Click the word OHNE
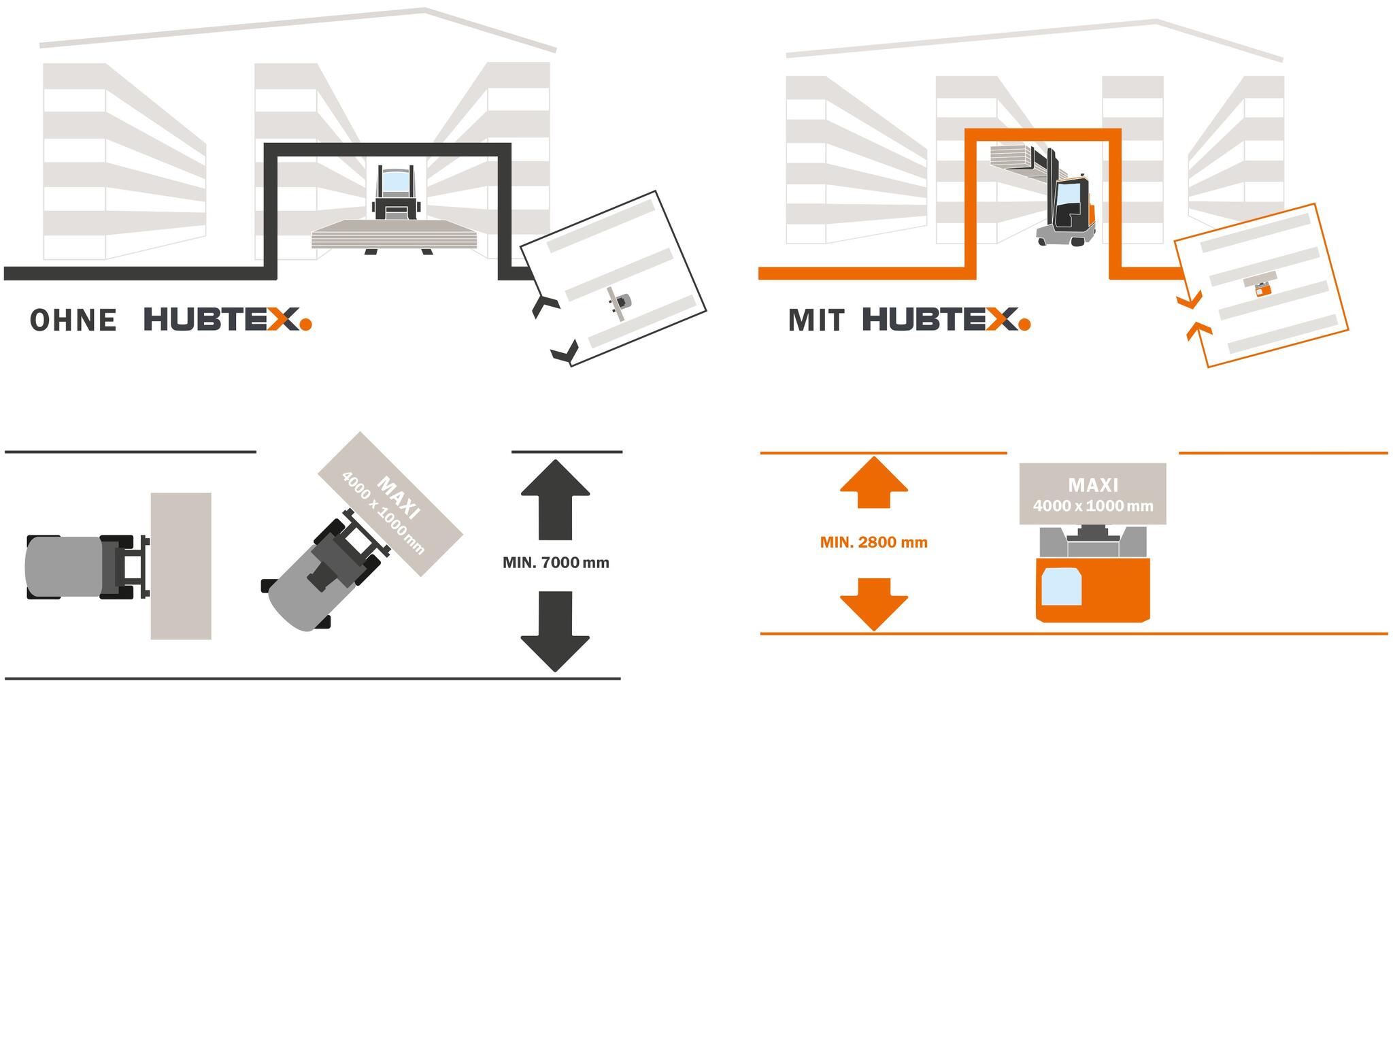point(73,320)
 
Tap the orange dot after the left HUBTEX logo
point(305,325)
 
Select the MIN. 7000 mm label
point(555,563)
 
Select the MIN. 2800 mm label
point(873,542)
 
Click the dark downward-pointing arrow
point(555,630)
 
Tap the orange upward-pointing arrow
point(873,482)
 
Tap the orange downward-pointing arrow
point(873,603)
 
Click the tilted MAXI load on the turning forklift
point(390,503)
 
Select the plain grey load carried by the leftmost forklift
point(181,566)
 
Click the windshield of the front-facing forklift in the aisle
point(395,182)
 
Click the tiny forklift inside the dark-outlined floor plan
point(620,300)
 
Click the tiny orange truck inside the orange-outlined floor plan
point(1262,289)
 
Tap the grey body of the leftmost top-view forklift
point(65,567)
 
